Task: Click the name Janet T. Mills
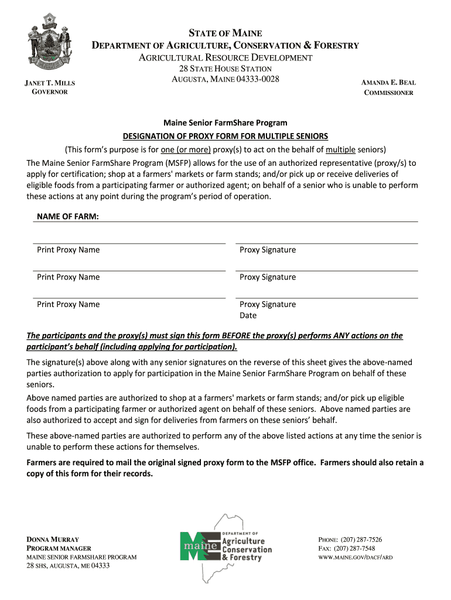[50, 83]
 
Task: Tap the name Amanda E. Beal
[388, 83]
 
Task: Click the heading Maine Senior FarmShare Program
[225, 123]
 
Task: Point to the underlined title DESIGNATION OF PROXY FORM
[225, 136]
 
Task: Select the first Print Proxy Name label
[68, 250]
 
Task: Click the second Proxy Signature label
[268, 277]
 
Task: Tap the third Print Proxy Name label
[68, 305]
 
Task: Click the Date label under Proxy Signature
[248, 316]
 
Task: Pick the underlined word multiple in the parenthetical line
[340, 149]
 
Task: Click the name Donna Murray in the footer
[53, 539]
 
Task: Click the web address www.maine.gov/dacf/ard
[355, 557]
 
